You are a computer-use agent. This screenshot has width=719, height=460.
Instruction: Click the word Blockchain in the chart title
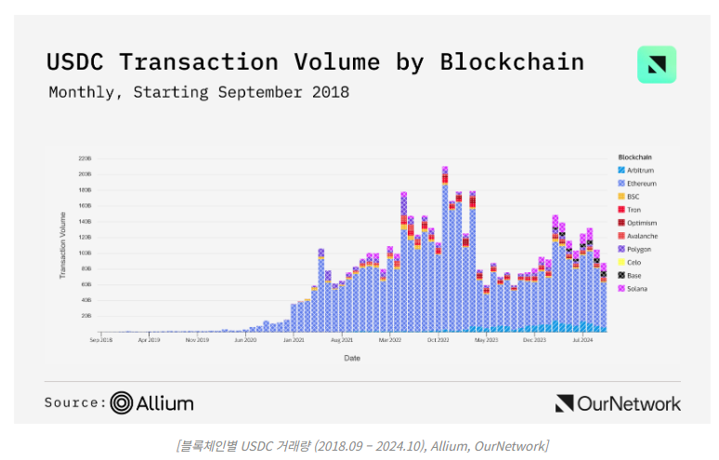pos(512,62)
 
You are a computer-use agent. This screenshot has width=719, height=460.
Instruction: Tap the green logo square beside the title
pos(657,65)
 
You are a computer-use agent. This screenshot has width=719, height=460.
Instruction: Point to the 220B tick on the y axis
pos(85,158)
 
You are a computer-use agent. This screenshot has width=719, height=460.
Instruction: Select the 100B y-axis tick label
pos(85,253)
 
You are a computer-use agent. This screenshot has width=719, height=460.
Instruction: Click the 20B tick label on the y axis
pos(85,316)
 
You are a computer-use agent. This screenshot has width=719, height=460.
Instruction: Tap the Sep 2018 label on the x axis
pos(101,341)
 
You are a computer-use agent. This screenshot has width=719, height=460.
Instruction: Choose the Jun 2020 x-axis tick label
pos(245,341)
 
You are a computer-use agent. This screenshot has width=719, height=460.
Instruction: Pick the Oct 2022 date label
pos(438,341)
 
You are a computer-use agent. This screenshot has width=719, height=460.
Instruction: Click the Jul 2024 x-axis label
pos(583,341)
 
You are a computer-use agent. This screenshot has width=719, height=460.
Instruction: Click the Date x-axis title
pos(352,358)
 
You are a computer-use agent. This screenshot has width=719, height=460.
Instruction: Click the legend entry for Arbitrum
pos(637,170)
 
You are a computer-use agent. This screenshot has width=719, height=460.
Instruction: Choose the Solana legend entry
pos(635,289)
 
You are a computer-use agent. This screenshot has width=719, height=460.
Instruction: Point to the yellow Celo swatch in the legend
pos(621,263)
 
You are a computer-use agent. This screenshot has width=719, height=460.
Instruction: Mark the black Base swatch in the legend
pos(621,276)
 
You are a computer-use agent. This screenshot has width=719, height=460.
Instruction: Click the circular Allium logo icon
pos(122,402)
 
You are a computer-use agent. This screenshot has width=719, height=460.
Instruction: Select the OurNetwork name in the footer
pos(629,403)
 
